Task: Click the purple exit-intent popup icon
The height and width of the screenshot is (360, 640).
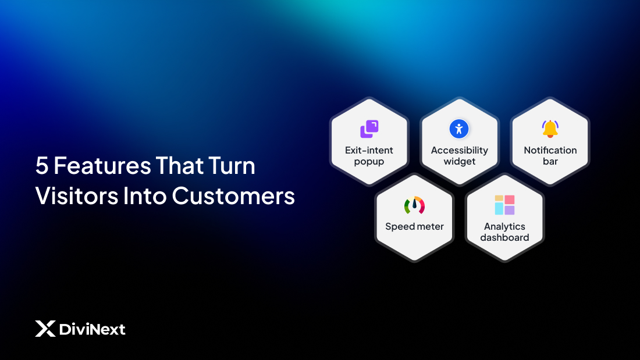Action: pos(369,129)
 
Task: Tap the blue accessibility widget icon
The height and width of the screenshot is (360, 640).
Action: pos(459,129)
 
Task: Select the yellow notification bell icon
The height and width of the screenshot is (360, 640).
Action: pos(550,129)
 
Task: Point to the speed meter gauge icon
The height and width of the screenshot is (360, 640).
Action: pos(414,205)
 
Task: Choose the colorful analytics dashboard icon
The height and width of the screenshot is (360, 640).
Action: pos(504,205)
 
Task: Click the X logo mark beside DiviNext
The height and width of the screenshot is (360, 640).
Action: pos(45,329)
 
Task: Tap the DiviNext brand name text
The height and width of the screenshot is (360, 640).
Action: pos(92,330)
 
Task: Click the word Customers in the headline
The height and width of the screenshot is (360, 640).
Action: pos(233,196)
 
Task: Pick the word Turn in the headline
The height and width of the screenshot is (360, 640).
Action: pos(232,166)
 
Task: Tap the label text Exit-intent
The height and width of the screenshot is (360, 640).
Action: pos(369,150)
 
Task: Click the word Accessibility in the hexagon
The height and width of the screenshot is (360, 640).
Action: pos(459,150)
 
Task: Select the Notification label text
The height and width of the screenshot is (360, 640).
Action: pos(550,150)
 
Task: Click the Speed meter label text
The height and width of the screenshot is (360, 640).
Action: pos(414,226)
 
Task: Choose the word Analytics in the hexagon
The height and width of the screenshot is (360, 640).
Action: pos(504,226)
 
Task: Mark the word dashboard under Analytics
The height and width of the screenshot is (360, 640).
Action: pos(504,237)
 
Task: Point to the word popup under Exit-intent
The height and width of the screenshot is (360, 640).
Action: pos(369,161)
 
